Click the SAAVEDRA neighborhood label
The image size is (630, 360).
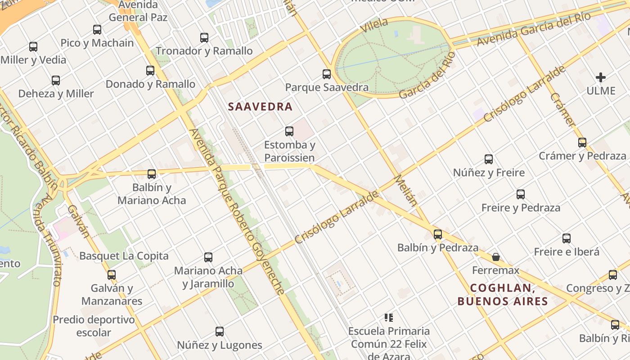[260, 107]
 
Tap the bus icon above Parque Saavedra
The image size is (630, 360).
[327, 74]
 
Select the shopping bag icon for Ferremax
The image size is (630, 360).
[495, 257]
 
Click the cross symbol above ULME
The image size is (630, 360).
[600, 77]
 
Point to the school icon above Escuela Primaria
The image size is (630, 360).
[389, 318]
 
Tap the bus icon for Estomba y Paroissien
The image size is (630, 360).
[289, 131]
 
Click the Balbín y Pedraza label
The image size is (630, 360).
[437, 247]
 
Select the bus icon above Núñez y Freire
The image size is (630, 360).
[489, 159]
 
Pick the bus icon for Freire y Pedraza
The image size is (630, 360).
[521, 194]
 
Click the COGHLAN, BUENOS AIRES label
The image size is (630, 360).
[503, 294]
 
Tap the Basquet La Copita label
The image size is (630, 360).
[124, 256]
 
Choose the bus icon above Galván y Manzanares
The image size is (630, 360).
[112, 274]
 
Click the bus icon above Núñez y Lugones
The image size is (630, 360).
[220, 332]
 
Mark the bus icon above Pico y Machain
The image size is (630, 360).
[97, 30]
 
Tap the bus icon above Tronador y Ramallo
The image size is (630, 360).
[204, 38]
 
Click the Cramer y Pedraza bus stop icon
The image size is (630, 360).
[582, 143]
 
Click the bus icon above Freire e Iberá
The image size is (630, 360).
[567, 238]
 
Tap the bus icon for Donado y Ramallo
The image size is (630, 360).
[150, 71]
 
